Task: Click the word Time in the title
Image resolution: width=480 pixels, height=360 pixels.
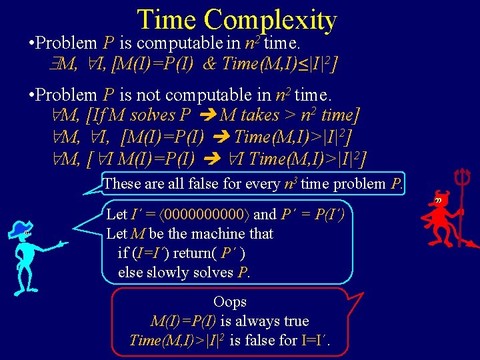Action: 167,19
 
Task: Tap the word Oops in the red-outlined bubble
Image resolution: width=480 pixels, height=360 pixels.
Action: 230,302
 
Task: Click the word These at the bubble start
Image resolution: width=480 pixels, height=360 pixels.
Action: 123,183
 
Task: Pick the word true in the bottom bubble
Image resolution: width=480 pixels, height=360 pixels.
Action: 296,321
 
